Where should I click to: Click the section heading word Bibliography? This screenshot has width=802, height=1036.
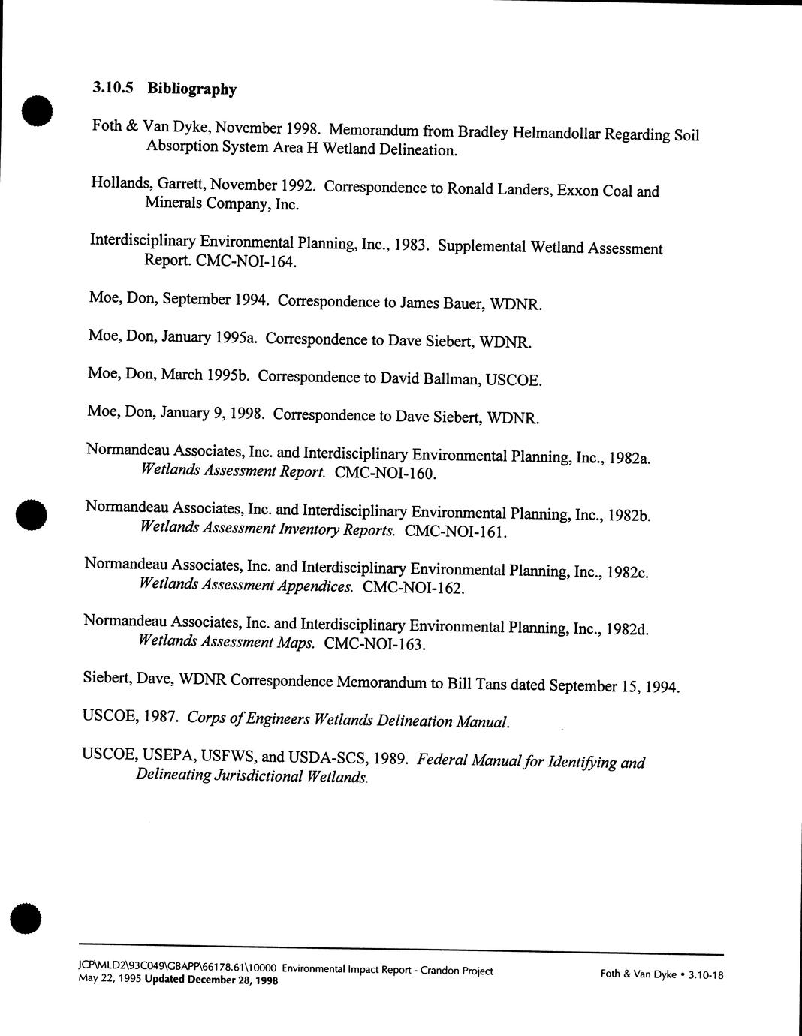[x=191, y=89]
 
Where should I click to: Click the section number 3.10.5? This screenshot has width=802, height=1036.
[x=113, y=88]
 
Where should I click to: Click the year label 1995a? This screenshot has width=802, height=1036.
[x=237, y=338]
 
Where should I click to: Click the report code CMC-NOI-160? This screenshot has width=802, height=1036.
[x=384, y=474]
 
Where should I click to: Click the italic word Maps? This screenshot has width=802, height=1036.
[x=297, y=643]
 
